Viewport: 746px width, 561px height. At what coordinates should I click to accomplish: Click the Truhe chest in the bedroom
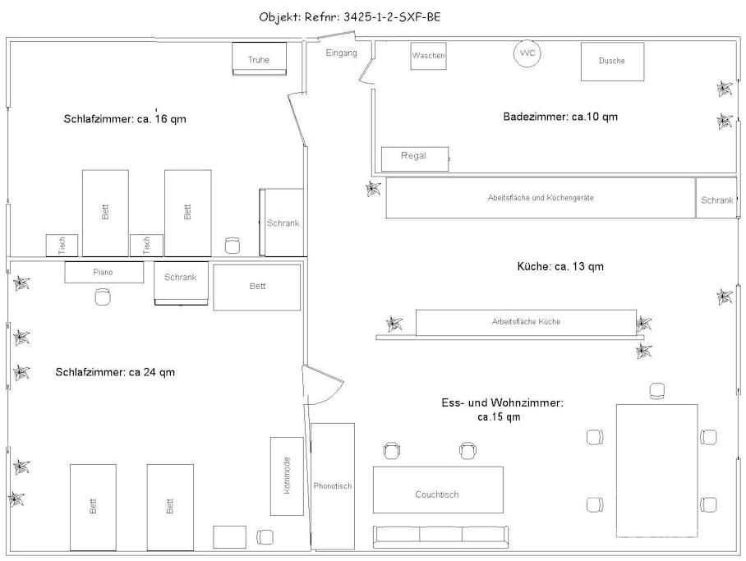260,59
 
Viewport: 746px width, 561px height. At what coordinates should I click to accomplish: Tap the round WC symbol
527,53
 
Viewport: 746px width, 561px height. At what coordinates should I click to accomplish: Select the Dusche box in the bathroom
612,62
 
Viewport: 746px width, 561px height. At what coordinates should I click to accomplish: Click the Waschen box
428,56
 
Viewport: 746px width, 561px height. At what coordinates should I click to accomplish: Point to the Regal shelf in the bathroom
415,159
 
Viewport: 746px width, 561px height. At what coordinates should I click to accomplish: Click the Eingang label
341,53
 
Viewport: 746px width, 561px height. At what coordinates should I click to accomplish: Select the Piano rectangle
104,273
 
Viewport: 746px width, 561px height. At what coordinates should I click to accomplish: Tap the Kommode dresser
287,476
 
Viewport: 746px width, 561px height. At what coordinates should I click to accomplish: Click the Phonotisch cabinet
333,485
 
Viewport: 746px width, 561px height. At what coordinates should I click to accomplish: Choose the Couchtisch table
438,490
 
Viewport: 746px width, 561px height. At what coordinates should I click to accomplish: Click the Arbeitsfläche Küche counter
526,322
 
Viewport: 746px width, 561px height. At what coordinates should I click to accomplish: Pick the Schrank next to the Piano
181,283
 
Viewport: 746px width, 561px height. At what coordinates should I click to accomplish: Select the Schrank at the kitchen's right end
716,198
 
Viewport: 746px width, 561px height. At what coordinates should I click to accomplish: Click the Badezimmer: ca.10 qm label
560,117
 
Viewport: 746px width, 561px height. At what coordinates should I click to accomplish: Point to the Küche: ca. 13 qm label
560,266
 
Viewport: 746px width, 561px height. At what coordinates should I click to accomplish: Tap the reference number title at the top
350,17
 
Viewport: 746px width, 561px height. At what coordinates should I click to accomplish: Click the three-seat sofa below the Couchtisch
440,536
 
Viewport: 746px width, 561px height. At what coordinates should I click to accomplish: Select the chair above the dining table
657,391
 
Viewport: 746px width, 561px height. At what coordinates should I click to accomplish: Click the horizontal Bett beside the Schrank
257,287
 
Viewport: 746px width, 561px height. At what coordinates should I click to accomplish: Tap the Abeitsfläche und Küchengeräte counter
541,198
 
